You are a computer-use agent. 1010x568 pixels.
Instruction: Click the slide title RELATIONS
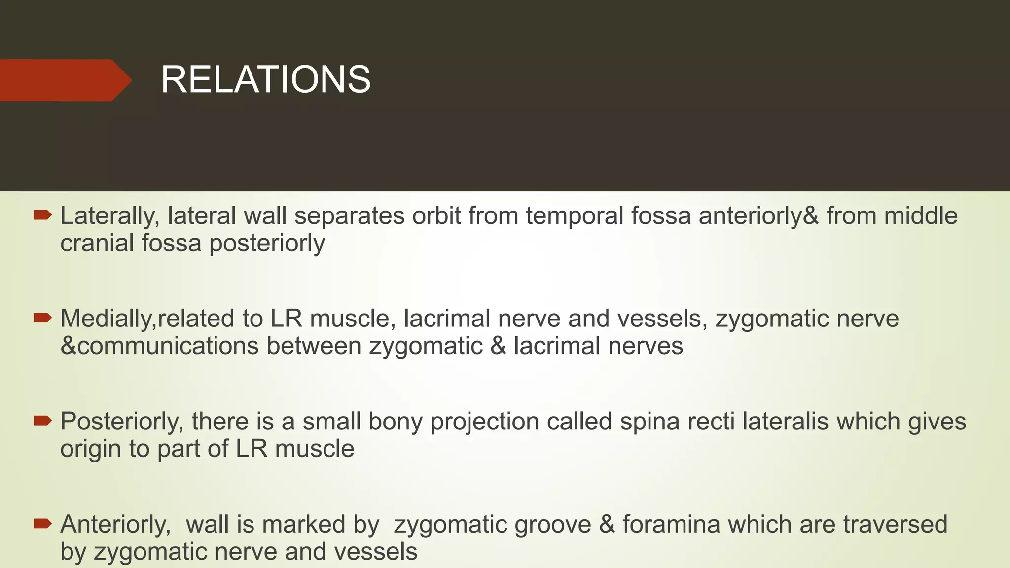(x=265, y=80)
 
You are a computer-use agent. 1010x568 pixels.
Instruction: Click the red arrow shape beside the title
(x=64, y=80)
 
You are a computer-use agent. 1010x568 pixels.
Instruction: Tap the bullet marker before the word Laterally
(x=42, y=215)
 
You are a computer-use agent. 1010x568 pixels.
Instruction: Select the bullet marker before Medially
(x=42, y=318)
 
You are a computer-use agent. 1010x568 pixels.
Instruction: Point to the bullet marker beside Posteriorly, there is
(x=42, y=421)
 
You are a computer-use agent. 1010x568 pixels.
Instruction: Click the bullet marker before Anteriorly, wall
(x=42, y=524)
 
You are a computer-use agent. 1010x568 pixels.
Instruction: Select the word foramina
(x=671, y=524)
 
